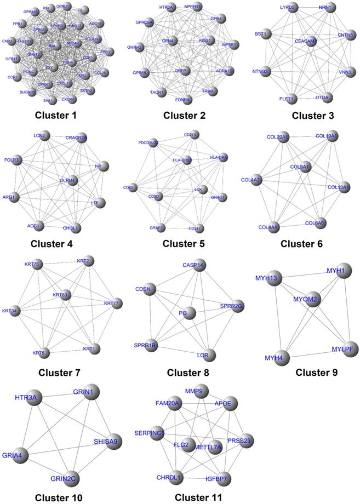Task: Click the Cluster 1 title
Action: tap(56, 116)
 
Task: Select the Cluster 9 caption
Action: tap(316, 373)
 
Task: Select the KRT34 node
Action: tap(17, 312)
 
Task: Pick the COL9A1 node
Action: tap(305, 167)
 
